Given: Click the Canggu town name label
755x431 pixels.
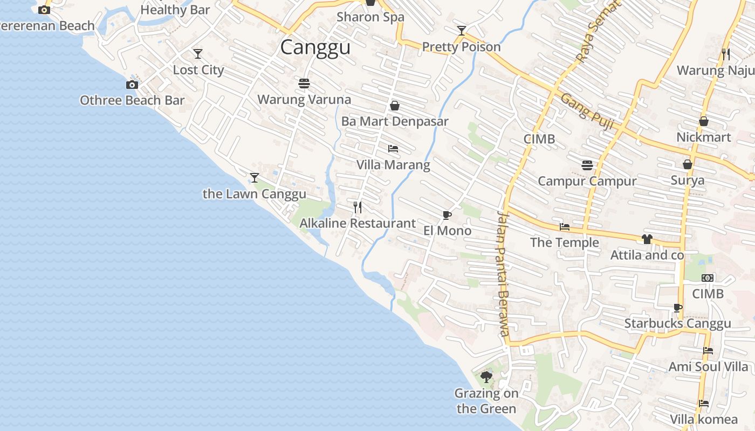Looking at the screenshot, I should tap(315, 47).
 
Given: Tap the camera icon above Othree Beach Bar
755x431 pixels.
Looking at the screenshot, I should tap(132, 85).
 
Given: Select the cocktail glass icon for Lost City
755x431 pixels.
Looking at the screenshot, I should tap(198, 54).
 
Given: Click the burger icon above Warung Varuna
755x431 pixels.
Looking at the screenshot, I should tap(304, 84).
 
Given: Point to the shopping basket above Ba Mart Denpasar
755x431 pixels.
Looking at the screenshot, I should tap(395, 106).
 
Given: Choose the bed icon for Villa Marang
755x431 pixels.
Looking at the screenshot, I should tap(393, 148).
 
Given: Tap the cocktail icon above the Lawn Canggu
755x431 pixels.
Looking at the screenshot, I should tap(255, 177).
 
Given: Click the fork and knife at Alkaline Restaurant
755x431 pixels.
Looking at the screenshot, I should tap(358, 207).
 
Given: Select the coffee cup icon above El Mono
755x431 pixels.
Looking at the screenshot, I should tap(447, 215).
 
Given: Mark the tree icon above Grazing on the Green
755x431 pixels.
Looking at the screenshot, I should tap(486, 377).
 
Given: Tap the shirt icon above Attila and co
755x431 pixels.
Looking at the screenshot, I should tap(647, 239).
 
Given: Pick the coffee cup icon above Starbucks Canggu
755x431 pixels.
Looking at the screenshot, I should tap(678, 308).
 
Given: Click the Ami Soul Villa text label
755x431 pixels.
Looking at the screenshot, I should tap(709, 367).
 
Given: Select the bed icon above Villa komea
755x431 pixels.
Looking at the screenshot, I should tap(704, 403).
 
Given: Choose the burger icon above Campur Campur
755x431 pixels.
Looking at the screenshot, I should tap(587, 165).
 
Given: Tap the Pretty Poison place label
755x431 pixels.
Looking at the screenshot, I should tap(462, 47).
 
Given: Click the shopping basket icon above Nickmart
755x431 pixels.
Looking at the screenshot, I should tap(704, 121).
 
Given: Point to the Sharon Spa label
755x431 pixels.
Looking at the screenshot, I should tap(370, 17).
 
